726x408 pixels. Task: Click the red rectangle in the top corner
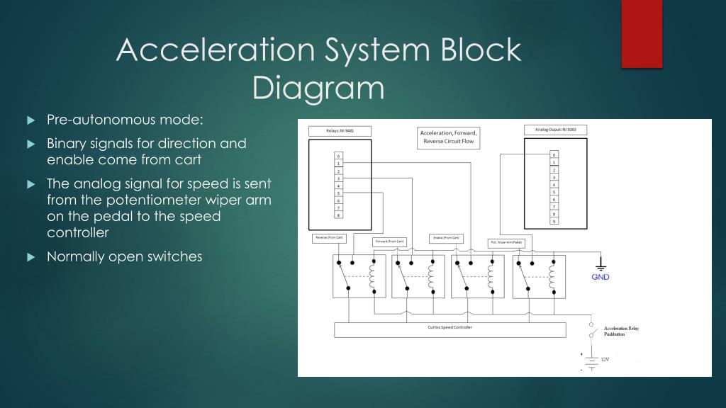point(642,33)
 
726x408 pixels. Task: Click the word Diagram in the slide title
point(318,88)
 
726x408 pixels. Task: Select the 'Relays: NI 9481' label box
point(340,131)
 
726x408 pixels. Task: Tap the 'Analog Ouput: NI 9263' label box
point(556,130)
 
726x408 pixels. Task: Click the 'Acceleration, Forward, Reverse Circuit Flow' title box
point(449,137)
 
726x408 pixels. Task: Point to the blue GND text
point(601,277)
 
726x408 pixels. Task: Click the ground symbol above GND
point(601,265)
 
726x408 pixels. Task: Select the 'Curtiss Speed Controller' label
point(450,328)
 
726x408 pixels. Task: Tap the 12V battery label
point(605,360)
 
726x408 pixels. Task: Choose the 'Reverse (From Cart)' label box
point(330,238)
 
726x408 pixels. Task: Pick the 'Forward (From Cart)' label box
point(389,242)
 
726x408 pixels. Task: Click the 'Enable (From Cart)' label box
point(446,238)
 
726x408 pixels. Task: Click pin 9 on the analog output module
point(554,221)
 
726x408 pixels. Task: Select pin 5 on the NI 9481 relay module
point(339,193)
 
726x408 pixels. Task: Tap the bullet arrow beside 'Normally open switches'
point(30,257)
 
